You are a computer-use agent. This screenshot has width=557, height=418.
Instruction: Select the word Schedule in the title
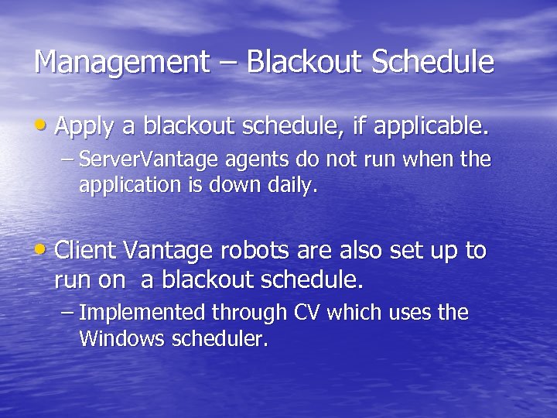click(x=433, y=63)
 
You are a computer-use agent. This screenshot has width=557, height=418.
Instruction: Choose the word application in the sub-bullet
click(x=125, y=186)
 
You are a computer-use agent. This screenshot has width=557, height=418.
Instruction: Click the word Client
click(x=85, y=252)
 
